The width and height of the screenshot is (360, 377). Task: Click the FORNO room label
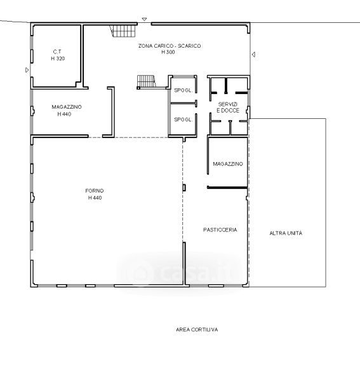pos(95,191)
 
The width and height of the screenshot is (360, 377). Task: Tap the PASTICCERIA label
pos(220,230)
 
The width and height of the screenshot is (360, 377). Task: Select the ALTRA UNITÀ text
pos(286,233)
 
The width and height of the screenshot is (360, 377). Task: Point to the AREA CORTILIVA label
pos(197,329)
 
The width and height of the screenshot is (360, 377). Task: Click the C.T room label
pos(57,51)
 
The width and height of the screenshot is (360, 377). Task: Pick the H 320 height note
pos(58,58)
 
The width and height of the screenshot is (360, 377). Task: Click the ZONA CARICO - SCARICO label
pos(170,46)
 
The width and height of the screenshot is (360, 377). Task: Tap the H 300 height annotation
pos(168,52)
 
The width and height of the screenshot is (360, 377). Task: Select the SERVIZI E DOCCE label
pos(228,107)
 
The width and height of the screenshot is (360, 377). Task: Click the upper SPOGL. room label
pos(183,90)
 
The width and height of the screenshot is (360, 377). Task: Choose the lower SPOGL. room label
pos(183,120)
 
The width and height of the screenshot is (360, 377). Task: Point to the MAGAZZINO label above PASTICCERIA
pos(228,164)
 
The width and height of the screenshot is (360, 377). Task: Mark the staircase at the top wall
pos(123,31)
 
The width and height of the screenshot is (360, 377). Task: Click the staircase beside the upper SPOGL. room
pos(146,82)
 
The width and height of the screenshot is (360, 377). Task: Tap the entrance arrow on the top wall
pos(144,19)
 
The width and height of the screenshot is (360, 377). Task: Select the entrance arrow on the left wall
pos(27,70)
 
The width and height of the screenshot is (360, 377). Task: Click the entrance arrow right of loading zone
pos(253,55)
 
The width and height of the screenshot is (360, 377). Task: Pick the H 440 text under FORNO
pos(95,198)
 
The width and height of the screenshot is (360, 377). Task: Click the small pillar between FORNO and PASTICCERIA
pos(184,188)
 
